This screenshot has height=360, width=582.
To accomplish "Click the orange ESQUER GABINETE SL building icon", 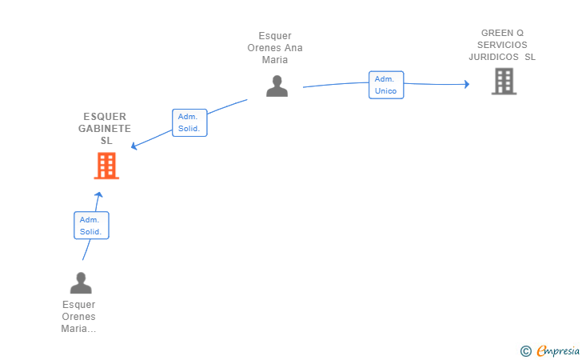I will point(106,166).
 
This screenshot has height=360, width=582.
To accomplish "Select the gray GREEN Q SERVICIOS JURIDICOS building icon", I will point(504,81).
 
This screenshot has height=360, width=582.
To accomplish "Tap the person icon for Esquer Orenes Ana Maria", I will point(277,86).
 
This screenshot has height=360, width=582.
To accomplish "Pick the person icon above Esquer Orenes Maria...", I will point(81,283).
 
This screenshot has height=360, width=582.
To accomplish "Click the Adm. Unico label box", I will point(386,85).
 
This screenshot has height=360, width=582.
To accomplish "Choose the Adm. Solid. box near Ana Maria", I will point(189,122).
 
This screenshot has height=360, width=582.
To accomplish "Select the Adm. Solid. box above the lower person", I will point(91,226).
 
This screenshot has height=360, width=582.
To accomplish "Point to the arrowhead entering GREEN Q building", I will point(466,83).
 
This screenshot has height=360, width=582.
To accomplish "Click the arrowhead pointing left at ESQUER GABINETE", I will point(134,146).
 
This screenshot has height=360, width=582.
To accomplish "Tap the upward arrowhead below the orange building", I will point(98,194).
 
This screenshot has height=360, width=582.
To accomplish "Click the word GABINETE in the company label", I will point(105,129).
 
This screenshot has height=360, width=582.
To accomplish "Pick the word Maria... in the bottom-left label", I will point(78,329).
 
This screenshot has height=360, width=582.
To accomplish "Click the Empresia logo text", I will point(558,350).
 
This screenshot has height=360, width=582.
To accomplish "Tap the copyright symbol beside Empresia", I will point(525,350).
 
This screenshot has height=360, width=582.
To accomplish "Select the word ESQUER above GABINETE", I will point(105,117).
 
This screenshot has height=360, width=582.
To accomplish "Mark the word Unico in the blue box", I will point(386,91).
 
